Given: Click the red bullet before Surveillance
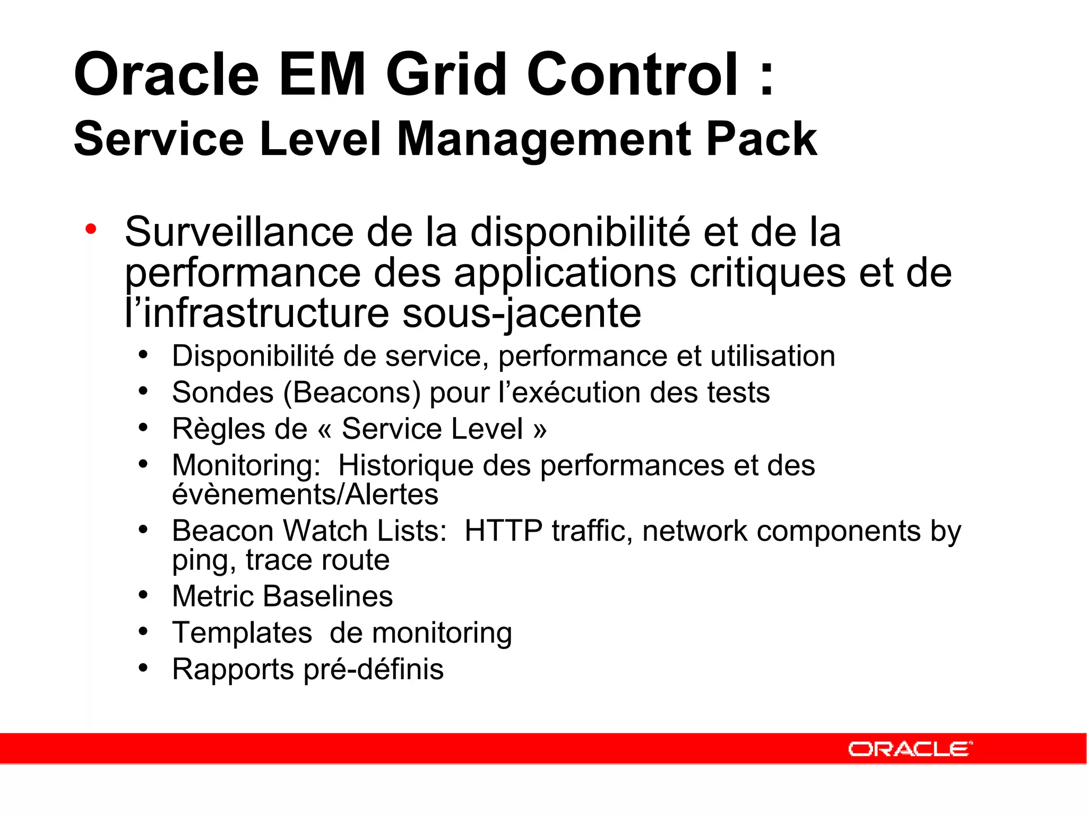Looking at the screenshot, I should coord(91,229).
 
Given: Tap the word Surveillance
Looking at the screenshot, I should coord(239,232).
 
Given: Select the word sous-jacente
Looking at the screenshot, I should coord(521,313).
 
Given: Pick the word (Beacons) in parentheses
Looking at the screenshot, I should coord(352,393).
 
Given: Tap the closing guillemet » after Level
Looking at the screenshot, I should coord(539,430).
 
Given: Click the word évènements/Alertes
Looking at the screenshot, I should coord(305,494).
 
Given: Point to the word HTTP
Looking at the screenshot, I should coord(503,531).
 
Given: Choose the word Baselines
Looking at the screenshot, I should coord(327,596).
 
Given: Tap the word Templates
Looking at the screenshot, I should coord(242,632).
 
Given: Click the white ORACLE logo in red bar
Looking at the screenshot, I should coord(910,749).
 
